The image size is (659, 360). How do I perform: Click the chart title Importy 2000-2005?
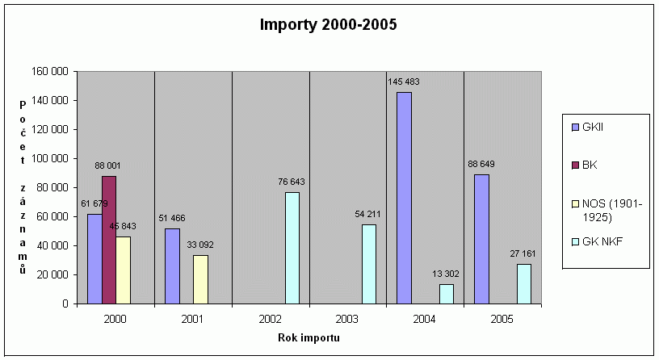pyautogui.click(x=329, y=24)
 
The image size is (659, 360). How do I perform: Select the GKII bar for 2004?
pyautogui.click(x=404, y=198)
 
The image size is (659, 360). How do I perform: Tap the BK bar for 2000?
pyautogui.click(x=109, y=240)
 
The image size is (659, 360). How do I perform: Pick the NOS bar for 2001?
pyautogui.click(x=200, y=279)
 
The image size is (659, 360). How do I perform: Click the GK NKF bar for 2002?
pyautogui.click(x=292, y=248)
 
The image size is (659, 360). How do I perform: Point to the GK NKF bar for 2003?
pyautogui.click(x=369, y=264)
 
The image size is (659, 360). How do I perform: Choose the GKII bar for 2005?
pyautogui.click(x=481, y=239)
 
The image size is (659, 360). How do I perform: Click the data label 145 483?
pyautogui.click(x=404, y=82)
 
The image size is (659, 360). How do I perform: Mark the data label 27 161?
pyautogui.click(x=524, y=253)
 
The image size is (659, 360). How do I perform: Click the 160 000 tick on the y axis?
pyautogui.click(x=50, y=72)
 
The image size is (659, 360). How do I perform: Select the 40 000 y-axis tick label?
pyautogui.click(x=52, y=245)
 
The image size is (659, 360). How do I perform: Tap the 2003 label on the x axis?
pyautogui.click(x=348, y=319)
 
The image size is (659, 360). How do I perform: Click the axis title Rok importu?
pyautogui.click(x=309, y=337)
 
